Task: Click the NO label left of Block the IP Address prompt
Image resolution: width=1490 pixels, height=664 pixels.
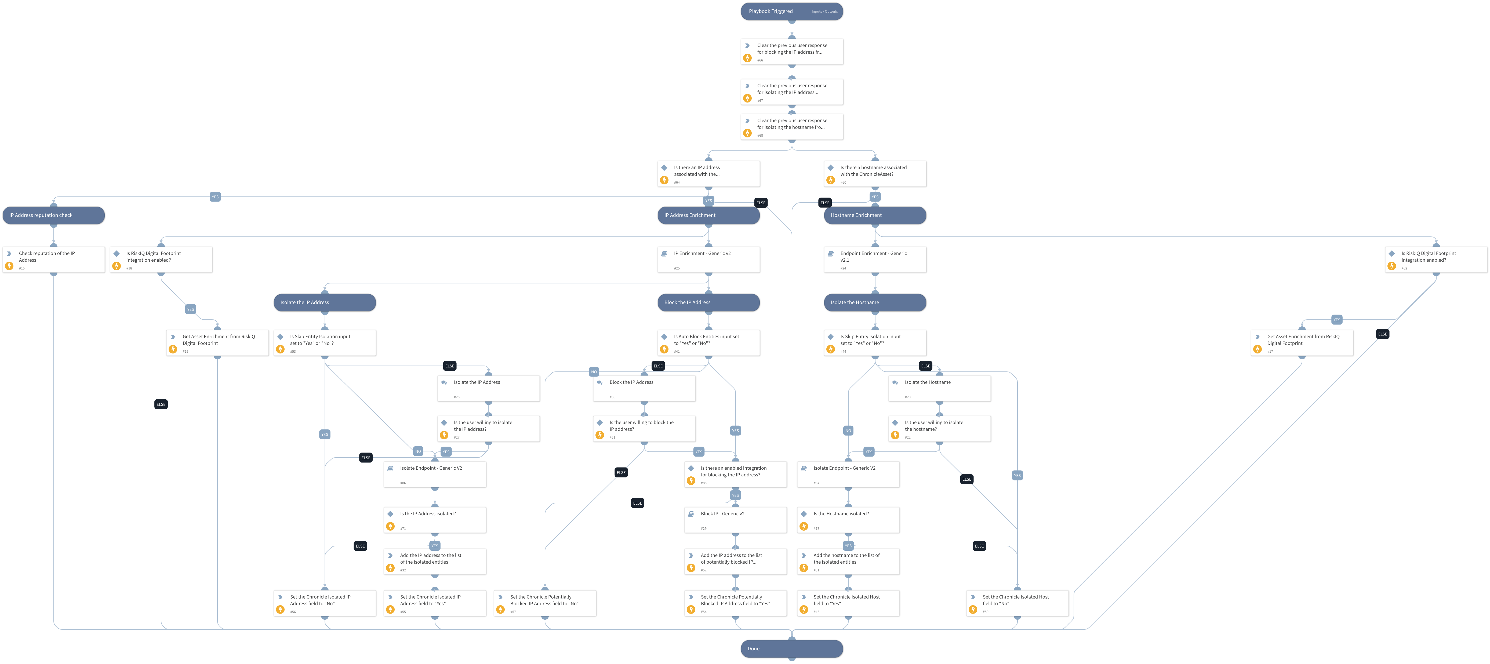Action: click(594, 372)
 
